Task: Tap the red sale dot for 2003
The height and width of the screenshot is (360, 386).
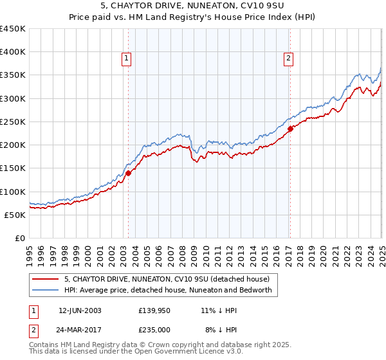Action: tap(128, 172)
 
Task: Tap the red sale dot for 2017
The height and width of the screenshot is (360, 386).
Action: tap(290, 129)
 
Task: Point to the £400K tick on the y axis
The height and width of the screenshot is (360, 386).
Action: tap(13, 52)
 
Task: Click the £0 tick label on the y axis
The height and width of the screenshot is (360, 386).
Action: tap(19, 238)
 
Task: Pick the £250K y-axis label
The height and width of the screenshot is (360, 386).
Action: tap(13, 122)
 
